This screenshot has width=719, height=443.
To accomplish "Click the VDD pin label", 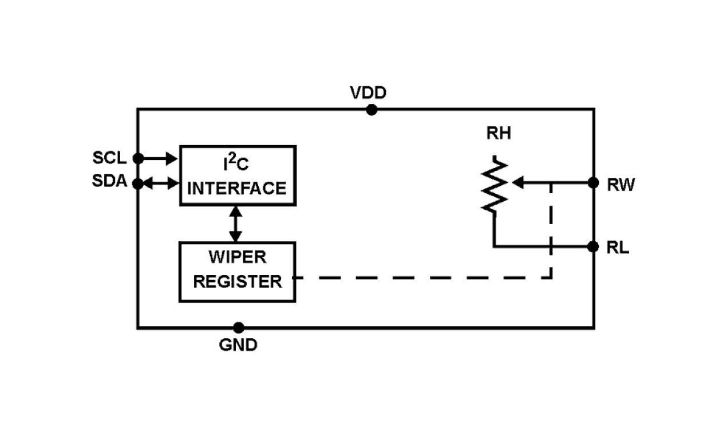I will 368,93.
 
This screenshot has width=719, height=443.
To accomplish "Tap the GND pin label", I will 238,345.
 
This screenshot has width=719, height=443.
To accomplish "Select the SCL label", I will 109,158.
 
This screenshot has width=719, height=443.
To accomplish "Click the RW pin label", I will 621,185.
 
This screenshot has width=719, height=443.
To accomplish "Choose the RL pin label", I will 618,248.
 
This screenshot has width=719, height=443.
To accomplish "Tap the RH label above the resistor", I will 499,134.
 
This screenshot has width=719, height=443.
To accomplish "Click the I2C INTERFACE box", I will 238,175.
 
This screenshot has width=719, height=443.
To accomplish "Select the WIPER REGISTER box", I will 237,272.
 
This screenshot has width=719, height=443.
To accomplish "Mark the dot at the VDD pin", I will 372,110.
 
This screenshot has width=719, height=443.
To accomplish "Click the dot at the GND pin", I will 239,328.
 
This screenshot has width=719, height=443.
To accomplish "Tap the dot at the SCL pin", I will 138,158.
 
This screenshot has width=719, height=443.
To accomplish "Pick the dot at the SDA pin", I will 138,183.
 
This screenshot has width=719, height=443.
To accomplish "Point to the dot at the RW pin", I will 594,183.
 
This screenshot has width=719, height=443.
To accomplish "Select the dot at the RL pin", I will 594,246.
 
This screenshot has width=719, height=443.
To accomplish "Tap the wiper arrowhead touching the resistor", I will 517,183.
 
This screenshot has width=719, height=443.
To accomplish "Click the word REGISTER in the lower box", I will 238,281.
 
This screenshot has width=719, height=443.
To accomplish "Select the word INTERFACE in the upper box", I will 237,188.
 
